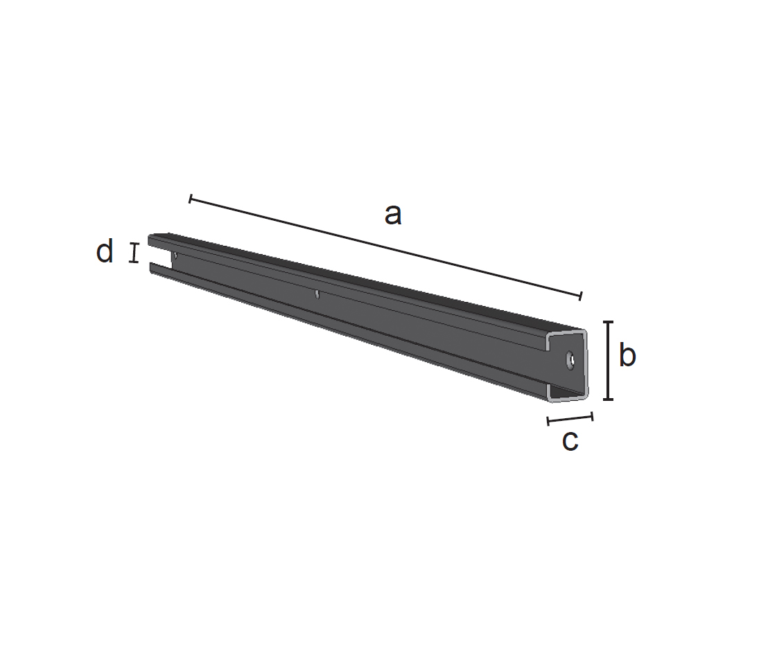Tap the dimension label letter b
pos(627,355)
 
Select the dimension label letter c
pos(570,440)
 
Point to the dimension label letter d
pos(105,251)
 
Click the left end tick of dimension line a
pos(191,199)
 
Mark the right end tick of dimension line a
pos(580,296)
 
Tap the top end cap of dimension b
pos(608,322)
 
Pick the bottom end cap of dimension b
pos(608,399)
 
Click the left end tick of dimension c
pos(548,422)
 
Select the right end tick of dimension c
pos(592,416)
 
